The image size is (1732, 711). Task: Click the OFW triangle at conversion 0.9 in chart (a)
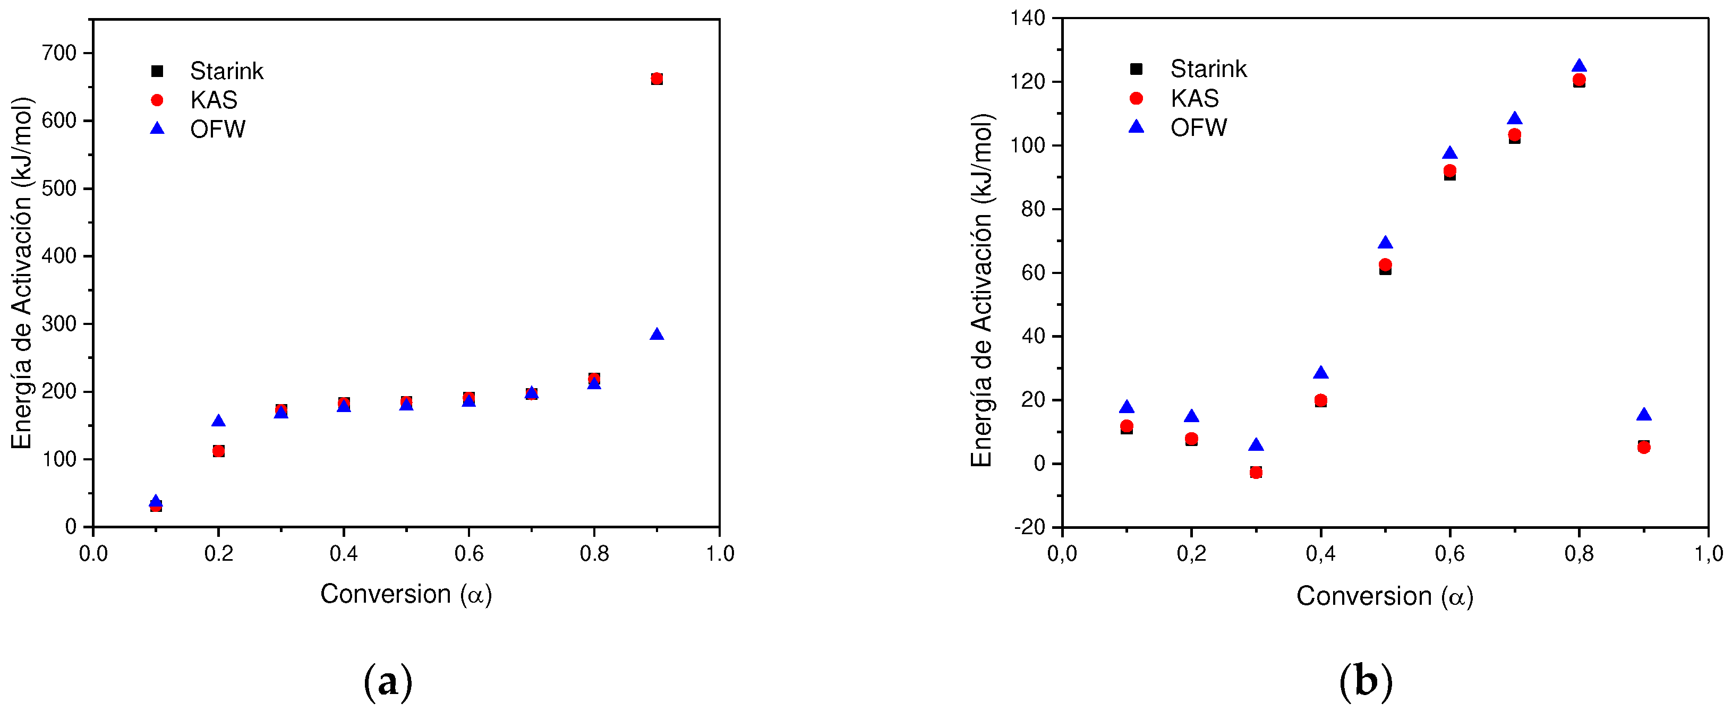[657, 335]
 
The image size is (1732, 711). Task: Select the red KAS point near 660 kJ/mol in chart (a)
[657, 79]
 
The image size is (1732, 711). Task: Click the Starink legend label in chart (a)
[227, 71]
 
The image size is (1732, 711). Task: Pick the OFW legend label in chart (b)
[1199, 127]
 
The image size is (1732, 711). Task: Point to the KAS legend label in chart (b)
[1195, 98]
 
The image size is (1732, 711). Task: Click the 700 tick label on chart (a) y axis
[59, 53]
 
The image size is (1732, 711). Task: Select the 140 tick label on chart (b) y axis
[1028, 18]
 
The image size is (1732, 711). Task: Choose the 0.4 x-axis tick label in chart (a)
[344, 554]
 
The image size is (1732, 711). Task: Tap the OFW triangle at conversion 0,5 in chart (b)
[1385, 243]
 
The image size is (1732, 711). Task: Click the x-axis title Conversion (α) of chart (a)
[406, 594]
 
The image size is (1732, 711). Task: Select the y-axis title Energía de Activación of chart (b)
[982, 290]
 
